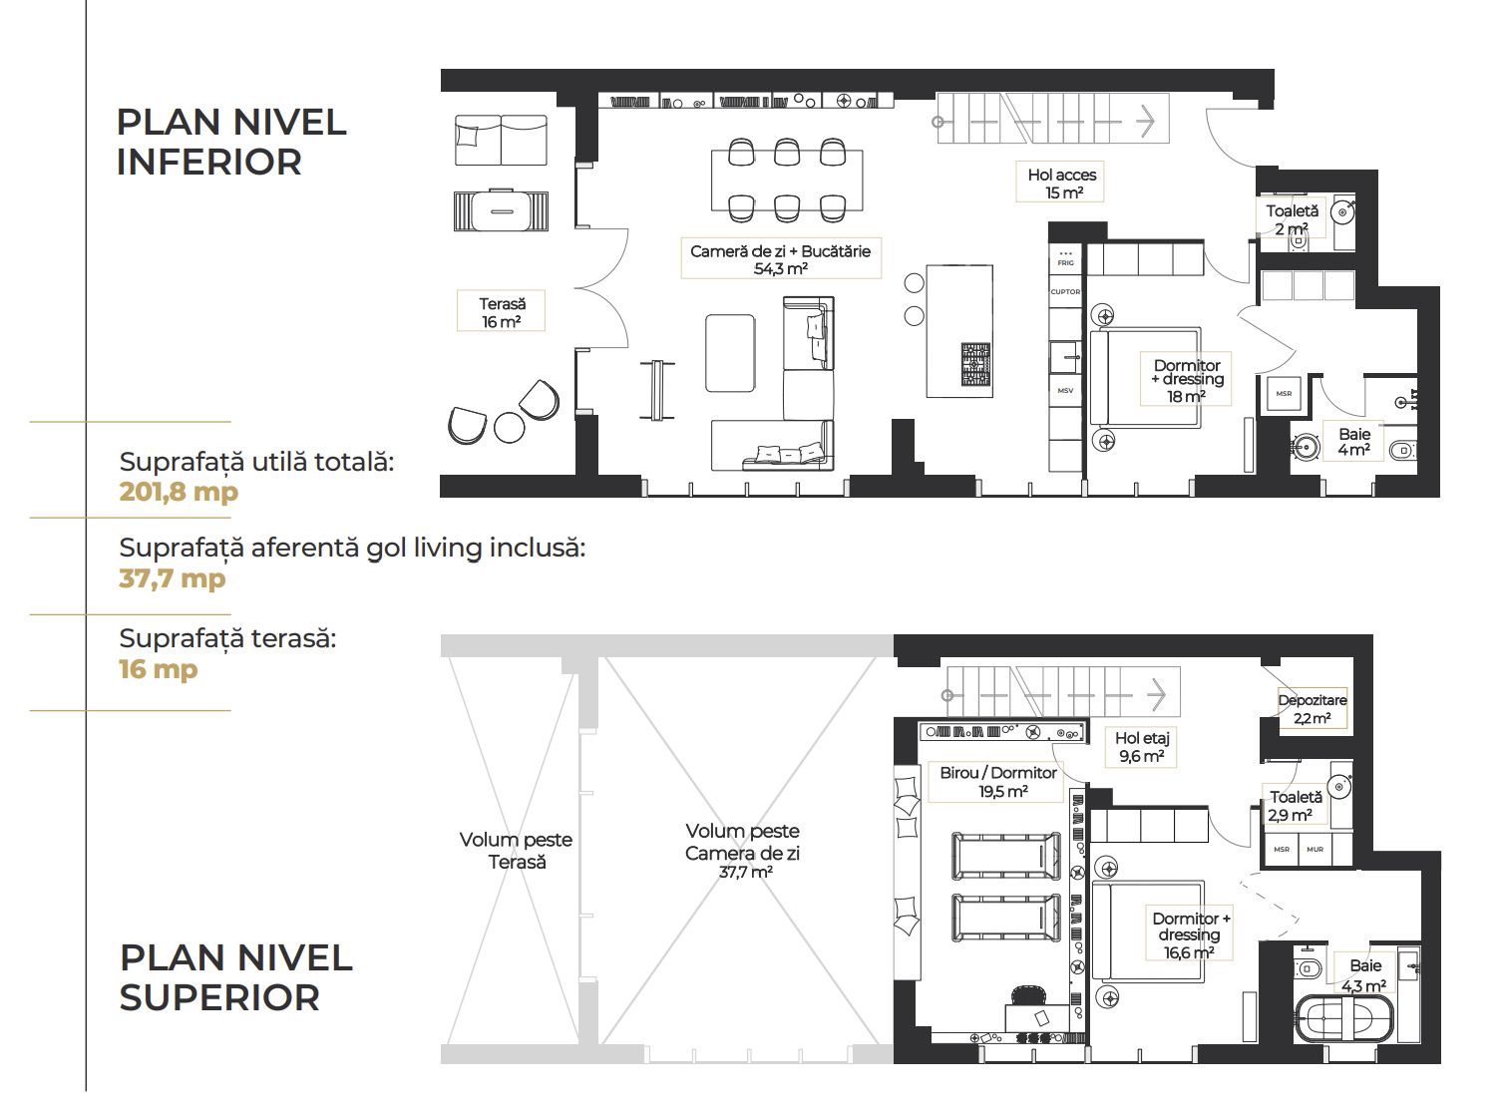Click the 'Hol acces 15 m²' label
click(1061, 184)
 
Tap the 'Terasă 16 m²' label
click(502, 312)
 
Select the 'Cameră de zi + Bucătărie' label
click(780, 251)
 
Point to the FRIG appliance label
click(1065, 262)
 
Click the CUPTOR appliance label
click(1065, 291)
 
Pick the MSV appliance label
click(1065, 390)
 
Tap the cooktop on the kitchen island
click(975, 365)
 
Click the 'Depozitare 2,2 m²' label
click(1313, 709)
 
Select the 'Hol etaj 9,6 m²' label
click(1142, 747)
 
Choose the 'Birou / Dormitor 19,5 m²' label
click(998, 781)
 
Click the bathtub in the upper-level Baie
click(1343, 1020)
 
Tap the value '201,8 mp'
click(179, 492)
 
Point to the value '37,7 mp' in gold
click(173, 578)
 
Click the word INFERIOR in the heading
click(208, 163)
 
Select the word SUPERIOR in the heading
click(219, 997)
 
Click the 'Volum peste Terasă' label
click(516, 851)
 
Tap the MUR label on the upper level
click(1315, 849)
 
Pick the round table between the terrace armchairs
click(510, 427)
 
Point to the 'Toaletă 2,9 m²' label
click(1296, 806)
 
